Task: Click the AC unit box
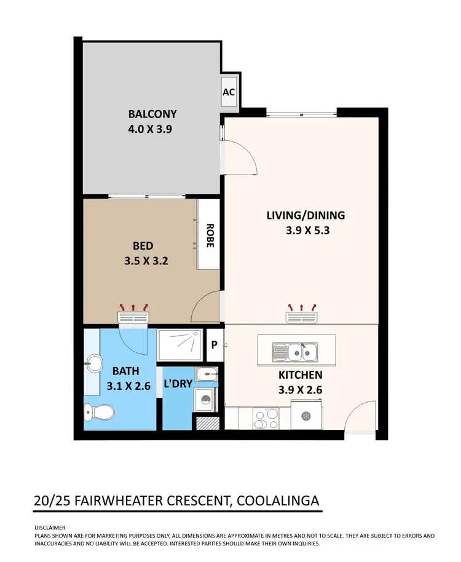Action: [229, 93]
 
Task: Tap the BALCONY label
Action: [152, 114]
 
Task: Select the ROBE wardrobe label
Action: [210, 234]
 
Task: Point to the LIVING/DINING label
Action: [305, 215]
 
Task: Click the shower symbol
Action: [179, 344]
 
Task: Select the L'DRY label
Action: [178, 383]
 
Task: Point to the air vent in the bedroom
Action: [133, 317]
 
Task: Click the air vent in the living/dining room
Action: [301, 317]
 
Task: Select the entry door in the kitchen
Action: [359, 418]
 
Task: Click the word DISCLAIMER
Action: [49, 528]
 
